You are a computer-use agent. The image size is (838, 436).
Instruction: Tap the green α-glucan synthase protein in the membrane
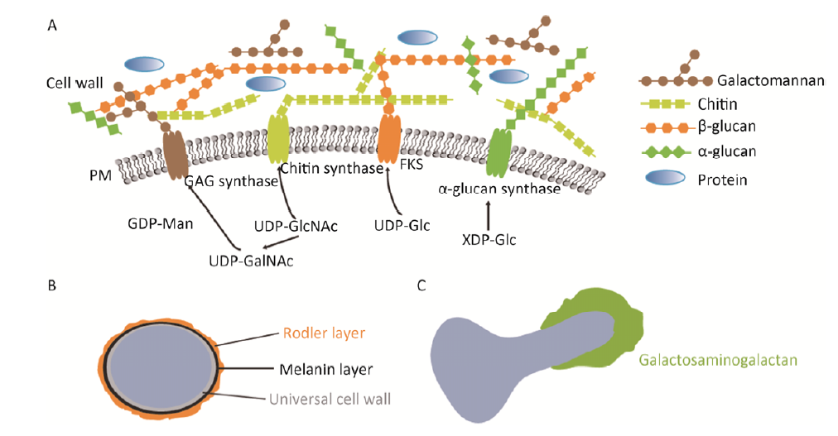coord(499,151)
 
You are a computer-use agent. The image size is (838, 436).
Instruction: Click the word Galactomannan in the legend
coord(759,80)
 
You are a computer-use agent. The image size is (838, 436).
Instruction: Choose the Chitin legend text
coord(734,104)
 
